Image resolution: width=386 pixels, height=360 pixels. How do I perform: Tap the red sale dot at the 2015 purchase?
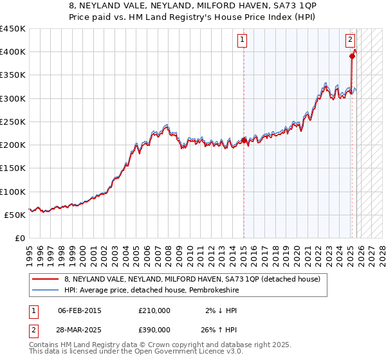pos(244,140)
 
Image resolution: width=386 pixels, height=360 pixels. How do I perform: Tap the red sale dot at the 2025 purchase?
pos(352,56)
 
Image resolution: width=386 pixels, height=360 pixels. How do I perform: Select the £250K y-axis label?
pos(13,122)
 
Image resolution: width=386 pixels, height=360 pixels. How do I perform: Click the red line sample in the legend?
pos(46,278)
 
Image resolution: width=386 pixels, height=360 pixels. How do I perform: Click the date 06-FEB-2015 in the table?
pos(79,310)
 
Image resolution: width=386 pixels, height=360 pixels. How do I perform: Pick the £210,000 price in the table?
pos(154,310)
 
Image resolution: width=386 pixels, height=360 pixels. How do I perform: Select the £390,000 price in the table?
pos(154,330)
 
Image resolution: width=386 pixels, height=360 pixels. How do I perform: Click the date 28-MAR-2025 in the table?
pos(79,330)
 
